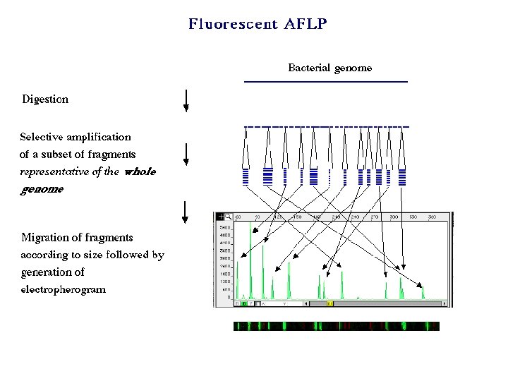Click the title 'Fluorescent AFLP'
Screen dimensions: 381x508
[258, 25]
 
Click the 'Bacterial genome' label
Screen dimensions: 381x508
[329, 68]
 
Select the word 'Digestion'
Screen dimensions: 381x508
[45, 99]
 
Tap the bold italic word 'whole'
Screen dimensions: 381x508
[139, 171]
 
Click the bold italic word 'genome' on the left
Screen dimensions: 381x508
[42, 189]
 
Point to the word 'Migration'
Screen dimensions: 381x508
[47, 238]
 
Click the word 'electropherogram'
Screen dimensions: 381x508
[64, 289]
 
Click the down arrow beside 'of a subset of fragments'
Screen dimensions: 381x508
[186, 155]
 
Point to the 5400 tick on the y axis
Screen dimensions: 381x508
[225, 229]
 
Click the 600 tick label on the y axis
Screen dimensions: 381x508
[226, 289]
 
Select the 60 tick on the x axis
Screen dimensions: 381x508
[238, 217]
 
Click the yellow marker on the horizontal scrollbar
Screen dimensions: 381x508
[329, 303]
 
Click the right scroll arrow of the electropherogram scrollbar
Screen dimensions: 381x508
[445, 303]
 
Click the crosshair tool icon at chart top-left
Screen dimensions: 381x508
[219, 217]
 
